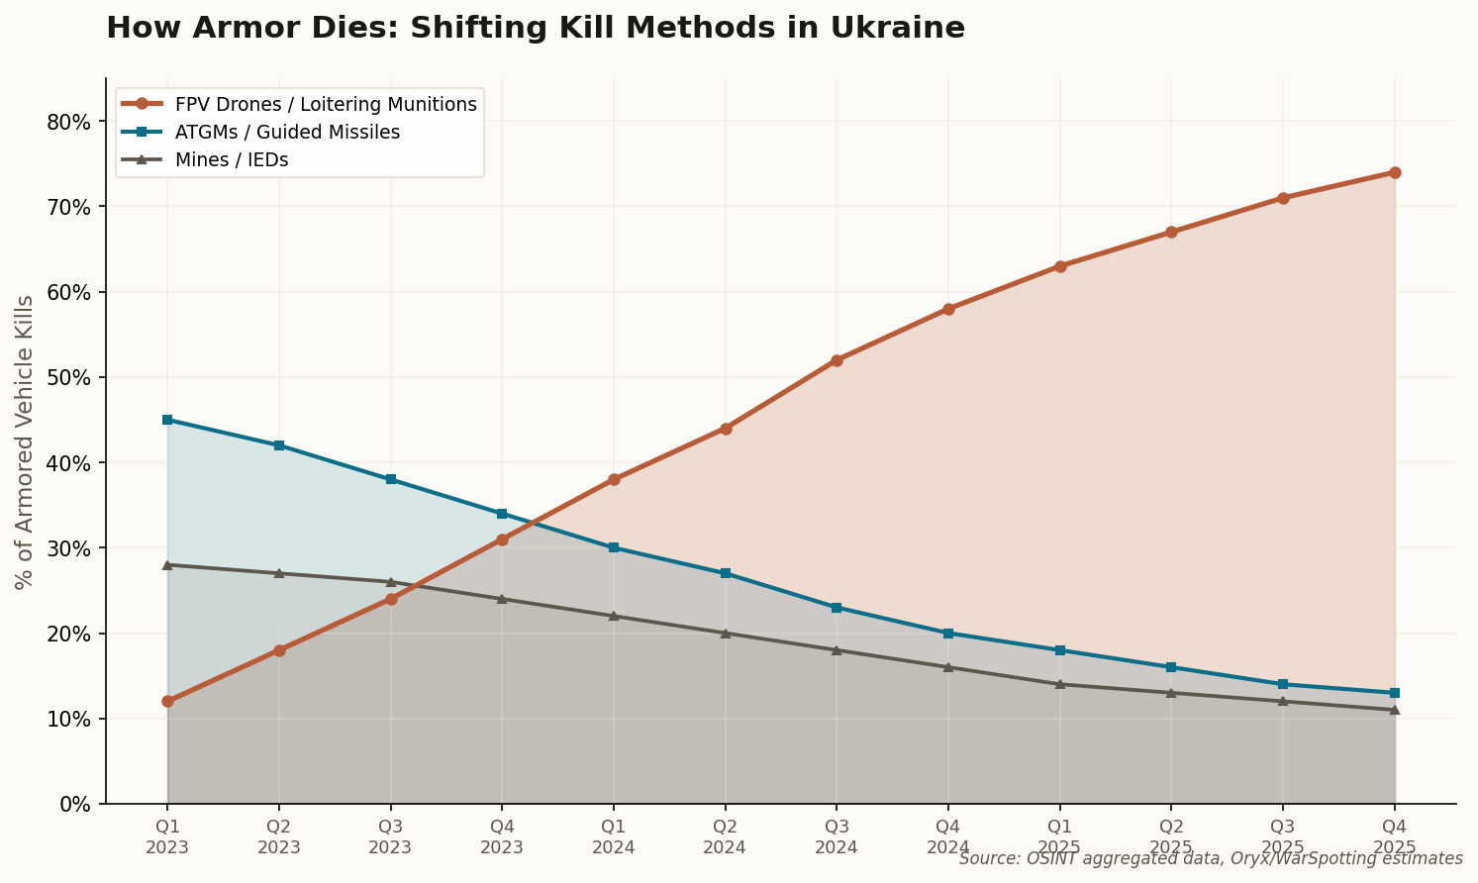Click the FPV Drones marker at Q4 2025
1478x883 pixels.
(x=1395, y=172)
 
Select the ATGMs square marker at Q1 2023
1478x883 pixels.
(x=167, y=420)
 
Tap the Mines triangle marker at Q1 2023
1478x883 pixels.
(x=167, y=565)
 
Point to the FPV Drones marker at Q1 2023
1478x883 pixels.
(x=167, y=701)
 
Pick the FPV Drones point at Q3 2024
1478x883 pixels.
(x=837, y=360)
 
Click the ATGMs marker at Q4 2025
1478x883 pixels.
(x=1395, y=693)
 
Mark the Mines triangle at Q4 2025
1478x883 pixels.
(x=1395, y=710)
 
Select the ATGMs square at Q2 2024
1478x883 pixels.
(x=726, y=573)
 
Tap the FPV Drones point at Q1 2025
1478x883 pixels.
(x=1060, y=266)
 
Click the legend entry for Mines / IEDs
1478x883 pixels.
(x=232, y=159)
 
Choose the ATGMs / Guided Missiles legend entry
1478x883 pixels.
(x=287, y=132)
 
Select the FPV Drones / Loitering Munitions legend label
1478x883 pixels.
(x=326, y=104)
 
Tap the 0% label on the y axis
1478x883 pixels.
(x=74, y=804)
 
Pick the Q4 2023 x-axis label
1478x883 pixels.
(x=502, y=836)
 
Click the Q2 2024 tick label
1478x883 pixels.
(x=726, y=836)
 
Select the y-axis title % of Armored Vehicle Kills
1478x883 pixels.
(x=25, y=441)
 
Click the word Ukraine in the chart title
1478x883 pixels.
(x=898, y=28)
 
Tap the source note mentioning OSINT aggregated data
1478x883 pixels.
(x=1210, y=858)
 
